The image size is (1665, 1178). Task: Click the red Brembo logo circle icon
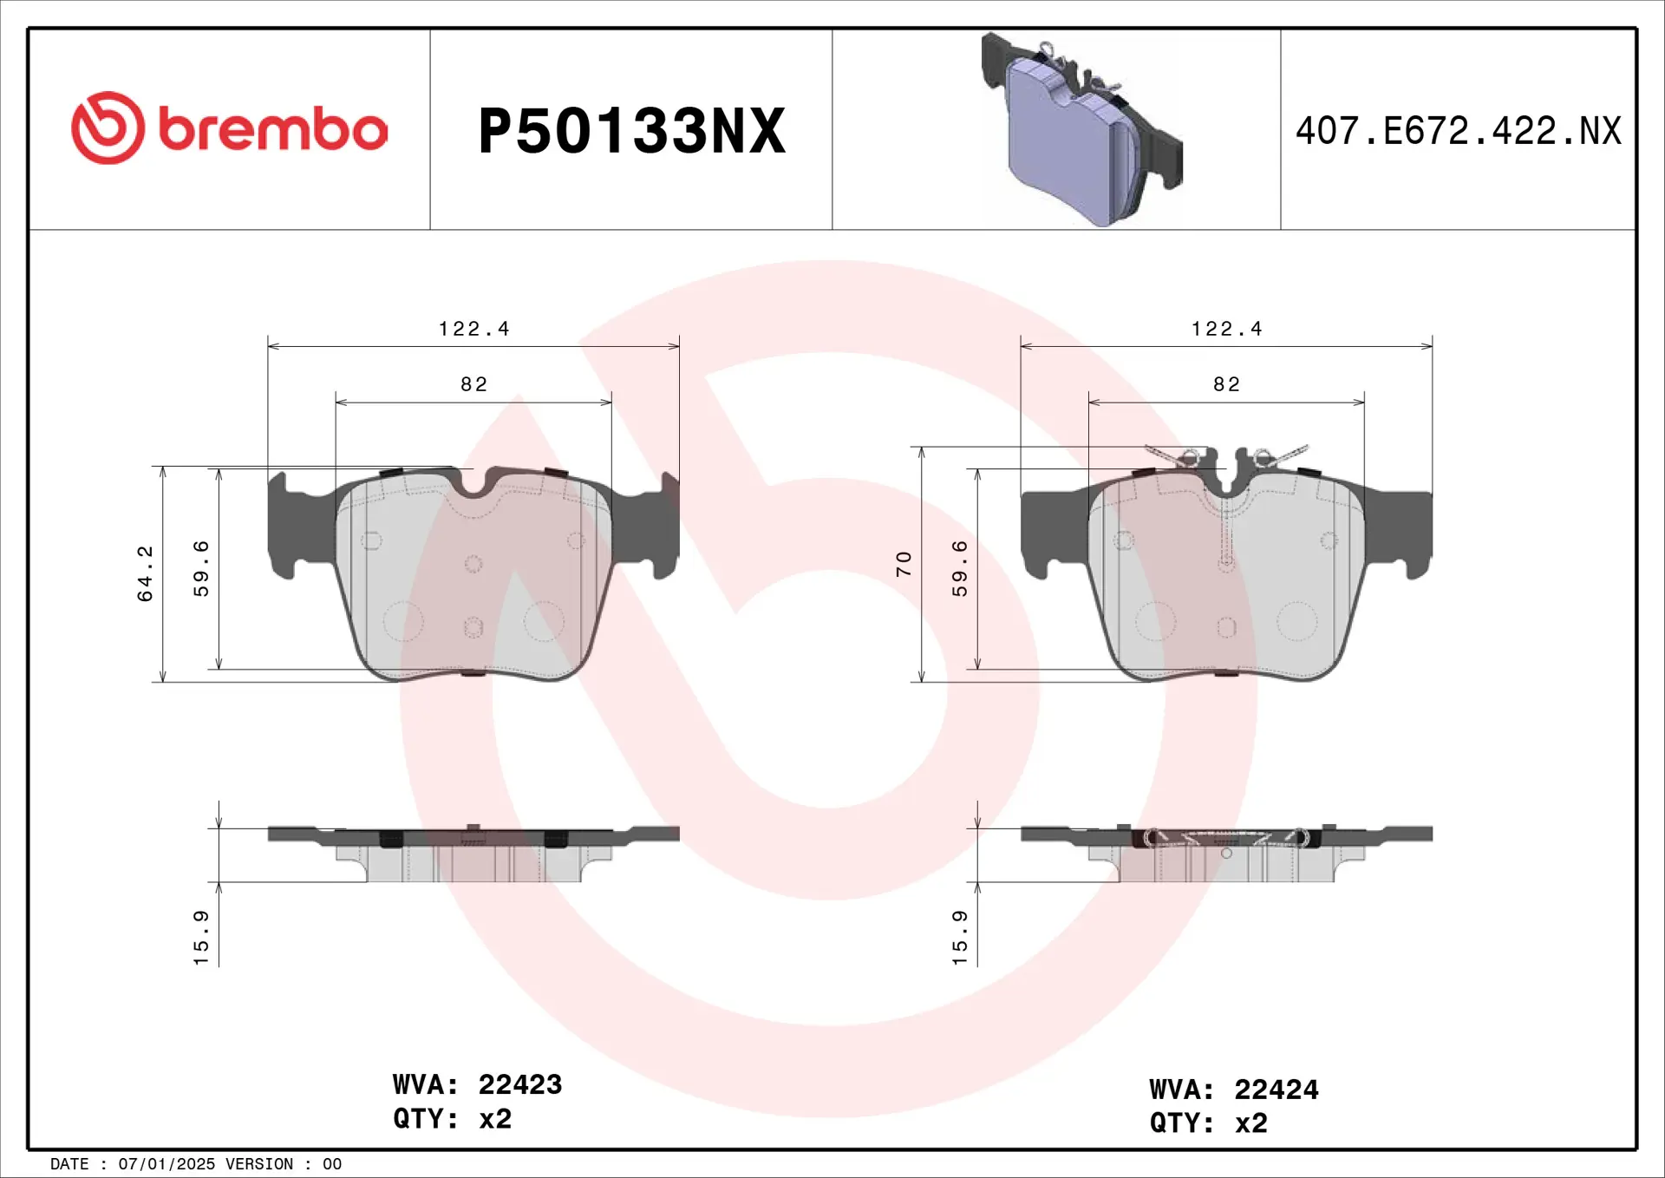[108, 128]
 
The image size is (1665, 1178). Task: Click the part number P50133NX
[631, 131]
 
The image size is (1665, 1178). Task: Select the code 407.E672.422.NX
[1458, 131]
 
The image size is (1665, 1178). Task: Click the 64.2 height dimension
[145, 573]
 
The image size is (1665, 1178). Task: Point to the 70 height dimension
[904, 564]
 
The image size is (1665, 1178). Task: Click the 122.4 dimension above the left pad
[473, 329]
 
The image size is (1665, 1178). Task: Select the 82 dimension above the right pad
[1226, 384]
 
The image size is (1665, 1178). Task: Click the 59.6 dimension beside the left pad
[201, 568]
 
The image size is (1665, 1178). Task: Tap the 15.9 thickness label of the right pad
[959, 937]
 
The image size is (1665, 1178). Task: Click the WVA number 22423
[519, 1084]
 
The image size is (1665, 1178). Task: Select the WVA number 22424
[1276, 1090]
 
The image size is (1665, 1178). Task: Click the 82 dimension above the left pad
[473, 384]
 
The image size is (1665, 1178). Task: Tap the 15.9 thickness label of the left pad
[201, 937]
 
